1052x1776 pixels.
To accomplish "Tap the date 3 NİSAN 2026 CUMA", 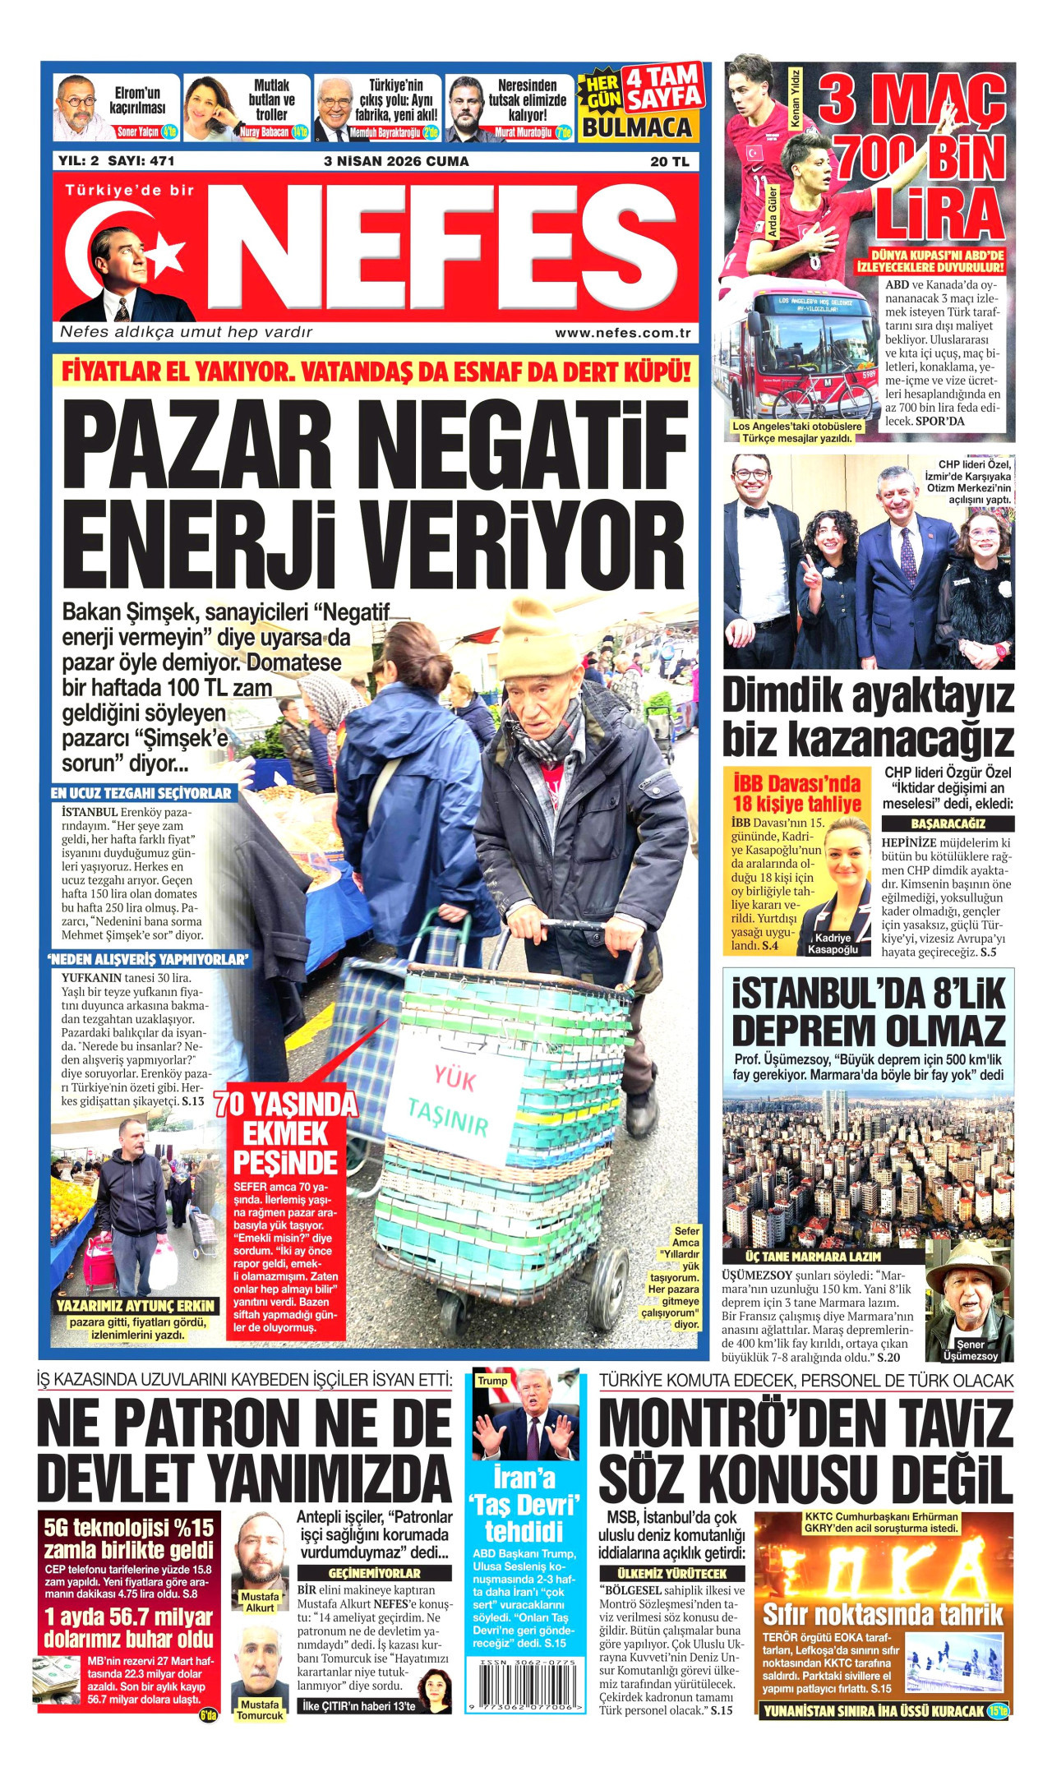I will (396, 161).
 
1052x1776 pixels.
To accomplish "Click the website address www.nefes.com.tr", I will (622, 333).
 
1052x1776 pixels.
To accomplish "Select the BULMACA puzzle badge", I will (637, 127).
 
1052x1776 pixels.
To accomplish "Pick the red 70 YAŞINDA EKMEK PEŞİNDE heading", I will (285, 1133).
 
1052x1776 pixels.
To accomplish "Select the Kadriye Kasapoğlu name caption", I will (832, 943).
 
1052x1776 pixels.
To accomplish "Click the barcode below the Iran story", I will (525, 1682).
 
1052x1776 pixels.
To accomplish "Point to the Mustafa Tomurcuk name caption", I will (260, 1709).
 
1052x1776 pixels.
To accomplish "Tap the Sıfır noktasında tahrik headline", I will (883, 1613).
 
